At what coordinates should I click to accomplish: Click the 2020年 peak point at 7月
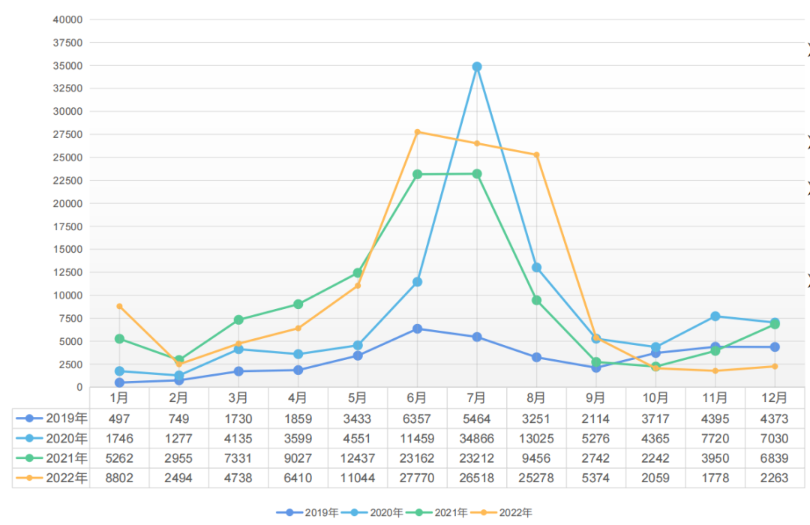coord(476,67)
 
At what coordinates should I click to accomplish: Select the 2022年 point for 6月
coord(417,132)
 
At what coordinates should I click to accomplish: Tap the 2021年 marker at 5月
coord(358,273)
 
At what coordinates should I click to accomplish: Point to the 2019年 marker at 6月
coord(417,328)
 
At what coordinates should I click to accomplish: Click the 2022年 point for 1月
coord(119,306)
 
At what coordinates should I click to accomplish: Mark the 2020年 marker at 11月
coord(715,316)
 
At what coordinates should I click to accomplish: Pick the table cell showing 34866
coord(476,438)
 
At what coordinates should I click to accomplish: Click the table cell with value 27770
coord(417,478)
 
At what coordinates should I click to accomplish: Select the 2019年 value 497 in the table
coord(119,418)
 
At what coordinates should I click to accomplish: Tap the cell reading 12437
coord(358,457)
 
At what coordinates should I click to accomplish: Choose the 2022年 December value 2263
coord(774,478)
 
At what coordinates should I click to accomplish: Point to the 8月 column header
coord(535,397)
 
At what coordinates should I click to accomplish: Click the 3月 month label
coord(238,397)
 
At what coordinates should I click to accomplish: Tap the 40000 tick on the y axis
coord(67,19)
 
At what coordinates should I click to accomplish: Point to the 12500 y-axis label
coord(67,272)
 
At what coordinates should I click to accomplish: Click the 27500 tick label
coord(67,134)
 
